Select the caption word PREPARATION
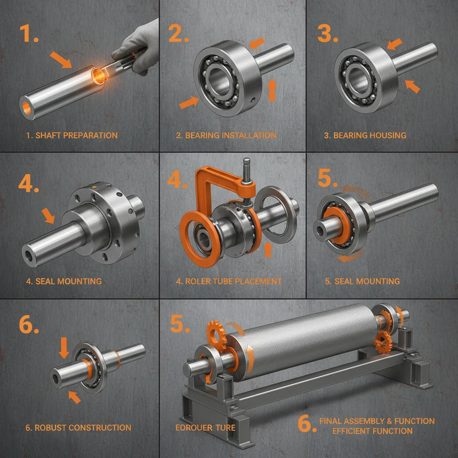(92, 135)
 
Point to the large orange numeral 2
(178, 33)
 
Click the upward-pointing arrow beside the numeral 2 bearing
(271, 89)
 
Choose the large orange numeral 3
(326, 33)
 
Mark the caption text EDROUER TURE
(205, 428)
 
